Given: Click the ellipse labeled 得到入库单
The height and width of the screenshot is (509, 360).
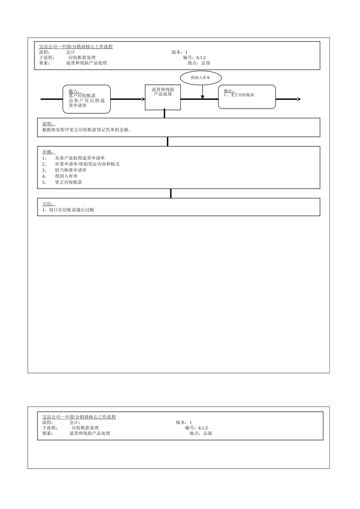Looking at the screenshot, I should click(200, 78).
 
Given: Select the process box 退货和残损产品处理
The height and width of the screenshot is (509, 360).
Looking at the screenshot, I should click(163, 97).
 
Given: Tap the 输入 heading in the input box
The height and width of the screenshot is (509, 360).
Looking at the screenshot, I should click(74, 91).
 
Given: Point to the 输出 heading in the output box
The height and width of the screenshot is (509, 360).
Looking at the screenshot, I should click(229, 91).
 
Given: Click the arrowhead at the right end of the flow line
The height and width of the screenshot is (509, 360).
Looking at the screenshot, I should click(299, 99).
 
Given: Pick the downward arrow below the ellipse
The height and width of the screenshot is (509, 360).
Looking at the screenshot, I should click(203, 97).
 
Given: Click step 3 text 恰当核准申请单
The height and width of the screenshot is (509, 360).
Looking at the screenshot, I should click(71, 170).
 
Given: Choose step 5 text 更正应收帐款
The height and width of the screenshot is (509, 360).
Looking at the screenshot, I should click(69, 182).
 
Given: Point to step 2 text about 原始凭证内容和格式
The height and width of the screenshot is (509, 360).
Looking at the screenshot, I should click(87, 164).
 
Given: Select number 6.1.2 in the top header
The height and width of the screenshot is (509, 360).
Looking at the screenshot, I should click(201, 58).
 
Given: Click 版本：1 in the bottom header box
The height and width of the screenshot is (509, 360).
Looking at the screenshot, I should click(184, 422).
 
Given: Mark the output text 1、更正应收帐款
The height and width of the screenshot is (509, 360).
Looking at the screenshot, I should click(239, 95).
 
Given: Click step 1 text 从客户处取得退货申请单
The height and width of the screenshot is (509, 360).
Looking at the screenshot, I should click(80, 158).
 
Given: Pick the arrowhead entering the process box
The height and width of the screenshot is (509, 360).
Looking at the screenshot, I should click(143, 99).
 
